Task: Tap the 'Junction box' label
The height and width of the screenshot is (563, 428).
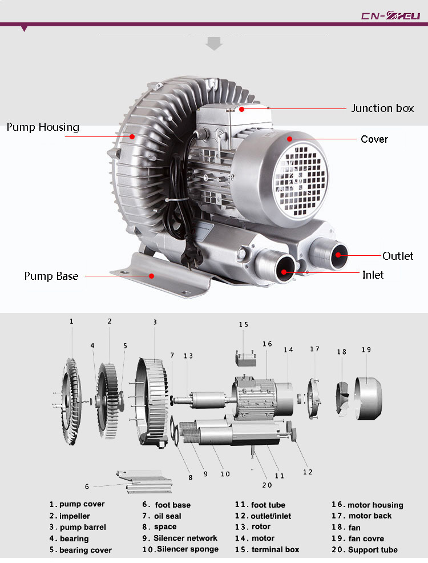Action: [382, 108]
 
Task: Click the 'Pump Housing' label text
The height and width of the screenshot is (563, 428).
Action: [43, 127]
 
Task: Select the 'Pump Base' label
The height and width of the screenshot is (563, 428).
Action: [51, 276]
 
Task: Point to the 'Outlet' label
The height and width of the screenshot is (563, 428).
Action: [398, 256]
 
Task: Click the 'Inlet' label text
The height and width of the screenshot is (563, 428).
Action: [373, 275]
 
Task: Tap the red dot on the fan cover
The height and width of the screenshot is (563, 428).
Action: [289, 139]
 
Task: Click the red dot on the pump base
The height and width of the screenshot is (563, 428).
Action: [152, 275]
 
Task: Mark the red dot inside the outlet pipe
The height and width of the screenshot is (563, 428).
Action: [338, 255]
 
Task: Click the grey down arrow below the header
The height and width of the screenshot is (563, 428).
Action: [214, 43]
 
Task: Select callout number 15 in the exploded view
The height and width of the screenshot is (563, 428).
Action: [244, 324]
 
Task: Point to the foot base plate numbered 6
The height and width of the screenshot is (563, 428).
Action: [145, 482]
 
